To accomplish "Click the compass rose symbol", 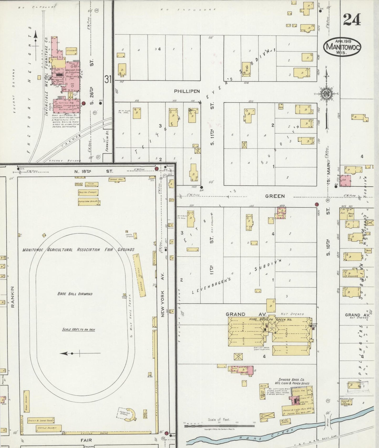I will tap(327, 94).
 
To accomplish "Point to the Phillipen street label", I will tap(187, 91).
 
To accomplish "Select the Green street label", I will tap(275, 196).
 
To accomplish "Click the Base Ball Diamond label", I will tap(75, 294).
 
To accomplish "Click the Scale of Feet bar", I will tap(219, 426).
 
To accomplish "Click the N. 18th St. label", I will tap(94, 171).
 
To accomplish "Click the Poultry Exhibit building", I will tap(88, 192).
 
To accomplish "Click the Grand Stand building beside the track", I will tap(139, 276).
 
